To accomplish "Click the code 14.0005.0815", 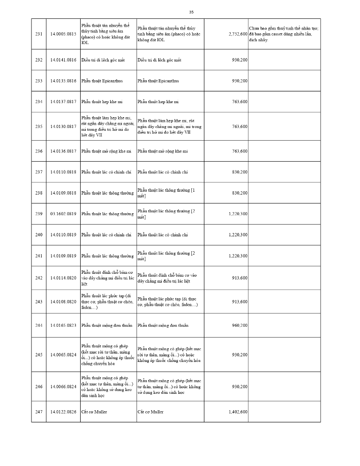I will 63,34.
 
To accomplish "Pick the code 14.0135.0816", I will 63,81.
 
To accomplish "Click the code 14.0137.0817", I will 63,102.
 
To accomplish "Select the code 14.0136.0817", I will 63,151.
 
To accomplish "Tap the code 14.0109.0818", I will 63,193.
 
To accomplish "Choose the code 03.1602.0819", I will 63,214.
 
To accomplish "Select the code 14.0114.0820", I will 63,278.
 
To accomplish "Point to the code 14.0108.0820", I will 63,301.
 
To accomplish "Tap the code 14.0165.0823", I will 63,325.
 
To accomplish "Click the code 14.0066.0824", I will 63,387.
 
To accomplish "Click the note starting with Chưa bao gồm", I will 283,34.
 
